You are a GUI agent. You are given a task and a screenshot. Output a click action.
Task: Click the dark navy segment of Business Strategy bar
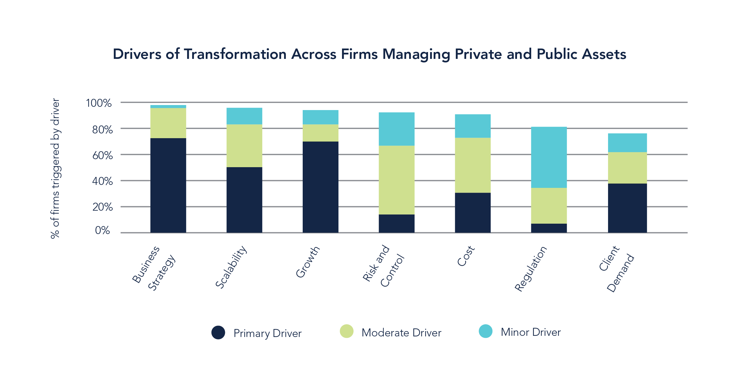point(168,185)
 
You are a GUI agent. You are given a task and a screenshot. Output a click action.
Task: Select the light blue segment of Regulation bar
point(549,157)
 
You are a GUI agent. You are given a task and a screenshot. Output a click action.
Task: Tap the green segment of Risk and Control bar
point(396,180)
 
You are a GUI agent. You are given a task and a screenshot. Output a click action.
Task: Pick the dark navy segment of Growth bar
point(320,187)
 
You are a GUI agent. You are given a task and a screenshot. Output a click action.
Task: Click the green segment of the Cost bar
point(473,165)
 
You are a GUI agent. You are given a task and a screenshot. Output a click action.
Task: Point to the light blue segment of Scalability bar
point(244,116)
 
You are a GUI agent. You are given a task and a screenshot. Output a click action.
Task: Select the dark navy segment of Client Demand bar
point(627,208)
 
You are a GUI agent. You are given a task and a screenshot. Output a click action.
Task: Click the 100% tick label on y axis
point(99,103)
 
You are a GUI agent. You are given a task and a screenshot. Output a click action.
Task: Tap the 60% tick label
point(102,155)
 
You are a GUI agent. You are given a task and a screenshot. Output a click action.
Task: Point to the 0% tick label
point(102,230)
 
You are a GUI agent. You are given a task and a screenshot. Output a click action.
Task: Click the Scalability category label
point(231,267)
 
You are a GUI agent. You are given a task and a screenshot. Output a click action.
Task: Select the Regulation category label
point(531,269)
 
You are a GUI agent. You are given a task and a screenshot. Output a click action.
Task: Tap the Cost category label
point(466,256)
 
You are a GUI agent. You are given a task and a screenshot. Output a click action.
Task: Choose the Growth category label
point(308,262)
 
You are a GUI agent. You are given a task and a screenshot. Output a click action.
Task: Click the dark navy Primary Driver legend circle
point(218,333)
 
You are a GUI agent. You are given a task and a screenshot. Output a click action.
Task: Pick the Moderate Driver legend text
point(401,333)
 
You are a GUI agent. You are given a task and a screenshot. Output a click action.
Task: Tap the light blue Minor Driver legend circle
point(485,331)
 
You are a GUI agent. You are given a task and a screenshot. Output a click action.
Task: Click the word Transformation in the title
point(235,54)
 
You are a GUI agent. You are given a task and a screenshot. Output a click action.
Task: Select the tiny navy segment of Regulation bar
point(549,228)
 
